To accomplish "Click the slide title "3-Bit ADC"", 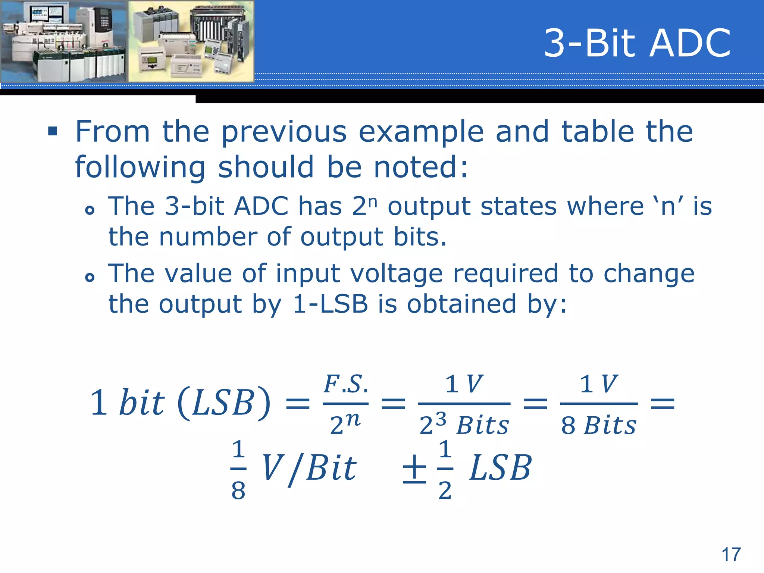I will click(x=637, y=43).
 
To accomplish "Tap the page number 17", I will click(x=731, y=554).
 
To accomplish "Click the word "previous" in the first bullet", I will click(x=284, y=132).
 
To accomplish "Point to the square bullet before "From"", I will click(x=53, y=131).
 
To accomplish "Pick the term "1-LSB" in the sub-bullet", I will click(x=331, y=304).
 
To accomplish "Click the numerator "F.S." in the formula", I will click(x=346, y=384).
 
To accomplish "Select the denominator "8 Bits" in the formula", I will click(x=598, y=425).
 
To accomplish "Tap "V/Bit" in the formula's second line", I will click(x=309, y=469).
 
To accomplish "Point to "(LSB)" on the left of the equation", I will click(x=224, y=403).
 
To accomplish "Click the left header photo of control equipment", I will click(x=64, y=41).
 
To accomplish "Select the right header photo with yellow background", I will click(x=191, y=41).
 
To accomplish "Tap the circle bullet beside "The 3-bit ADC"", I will click(x=90, y=210).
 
